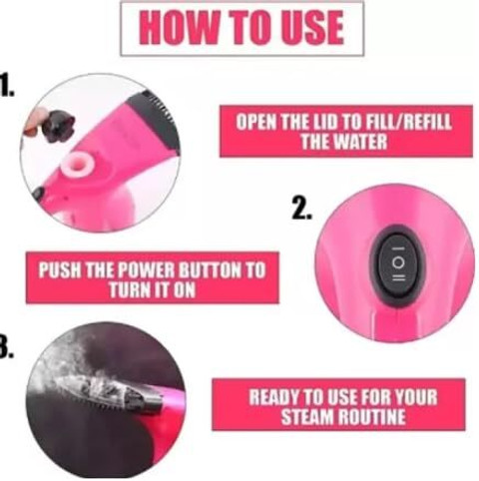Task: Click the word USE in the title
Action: coord(312,27)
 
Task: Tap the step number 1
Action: coord(7,85)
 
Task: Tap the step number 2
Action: coord(302,208)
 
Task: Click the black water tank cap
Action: coord(58,128)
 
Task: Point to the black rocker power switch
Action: coord(398,262)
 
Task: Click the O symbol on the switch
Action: coord(398,262)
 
